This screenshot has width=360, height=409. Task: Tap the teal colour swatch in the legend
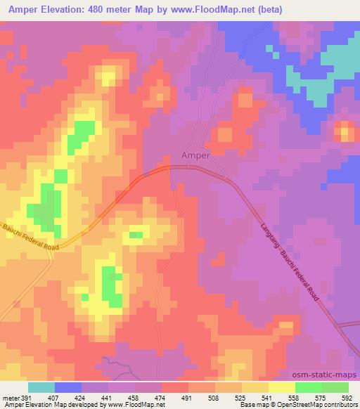(x=41, y=387)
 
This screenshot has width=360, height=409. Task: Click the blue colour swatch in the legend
(x=68, y=387)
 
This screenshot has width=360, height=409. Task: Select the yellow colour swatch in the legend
(x=282, y=387)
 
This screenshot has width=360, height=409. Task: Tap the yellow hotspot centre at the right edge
(x=345, y=131)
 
